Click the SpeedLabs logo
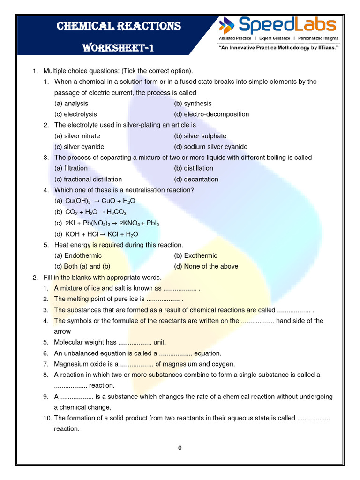(278, 24)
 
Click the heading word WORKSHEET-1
(118, 48)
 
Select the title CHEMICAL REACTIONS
(119, 26)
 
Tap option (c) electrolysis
(75, 114)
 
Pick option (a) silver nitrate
(77, 136)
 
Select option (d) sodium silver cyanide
(210, 147)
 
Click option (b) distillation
(193, 168)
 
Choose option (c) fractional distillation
(88, 179)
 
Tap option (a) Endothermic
(78, 255)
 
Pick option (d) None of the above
(206, 266)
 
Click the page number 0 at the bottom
(180, 448)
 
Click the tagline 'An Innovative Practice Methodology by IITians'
(278, 48)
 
